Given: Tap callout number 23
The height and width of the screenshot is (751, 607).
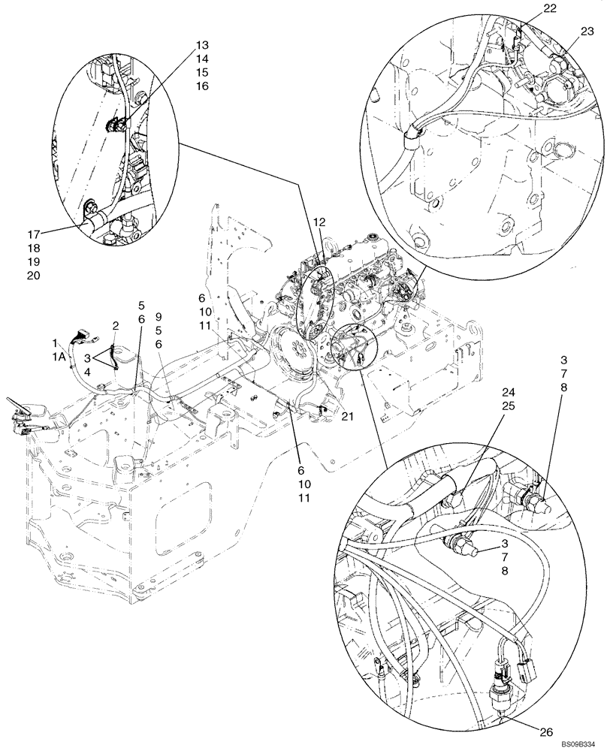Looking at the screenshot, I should coord(587,31).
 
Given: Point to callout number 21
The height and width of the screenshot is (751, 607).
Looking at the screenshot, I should coord(346,416).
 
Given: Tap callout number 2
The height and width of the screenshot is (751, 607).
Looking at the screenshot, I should coord(116,325).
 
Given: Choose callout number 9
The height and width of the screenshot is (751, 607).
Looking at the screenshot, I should coord(159,316).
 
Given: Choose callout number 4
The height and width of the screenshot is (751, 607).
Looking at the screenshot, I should coord(89,371).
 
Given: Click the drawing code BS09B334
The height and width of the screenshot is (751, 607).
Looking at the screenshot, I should coord(581,743).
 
